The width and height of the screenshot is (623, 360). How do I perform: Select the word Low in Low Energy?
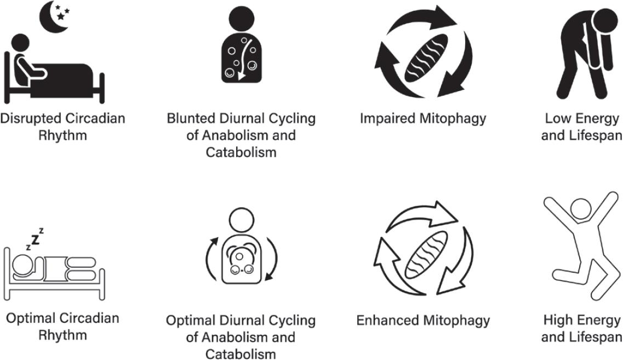click(558, 118)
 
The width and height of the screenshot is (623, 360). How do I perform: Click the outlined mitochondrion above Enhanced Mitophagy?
click(425, 254)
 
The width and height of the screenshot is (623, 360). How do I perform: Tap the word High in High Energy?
click(558, 320)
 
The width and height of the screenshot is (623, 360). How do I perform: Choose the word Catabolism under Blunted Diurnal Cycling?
click(241, 152)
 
